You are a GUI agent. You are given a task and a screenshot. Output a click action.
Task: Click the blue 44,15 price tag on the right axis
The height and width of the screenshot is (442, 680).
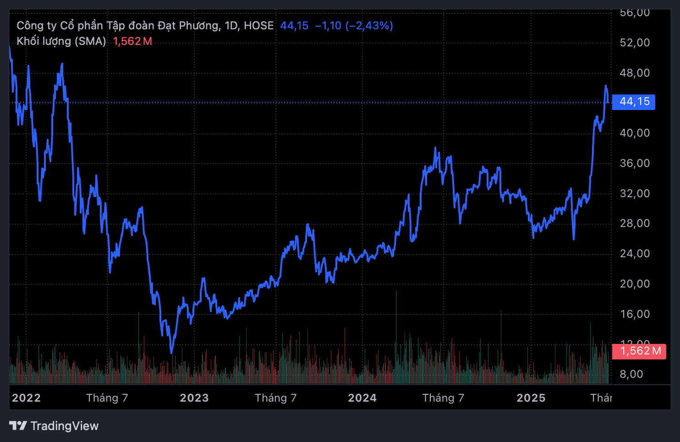pyautogui.click(x=634, y=102)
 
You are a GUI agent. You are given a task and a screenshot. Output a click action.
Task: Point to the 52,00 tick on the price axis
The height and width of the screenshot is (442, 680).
pyautogui.click(x=635, y=43)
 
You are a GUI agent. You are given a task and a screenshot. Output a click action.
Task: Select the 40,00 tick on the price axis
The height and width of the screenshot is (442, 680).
pyautogui.click(x=635, y=133)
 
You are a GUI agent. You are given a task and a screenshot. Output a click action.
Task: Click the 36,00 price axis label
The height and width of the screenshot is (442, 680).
pyautogui.click(x=635, y=163)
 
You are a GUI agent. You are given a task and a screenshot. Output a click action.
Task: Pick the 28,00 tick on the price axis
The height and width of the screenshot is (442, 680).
pyautogui.click(x=635, y=223)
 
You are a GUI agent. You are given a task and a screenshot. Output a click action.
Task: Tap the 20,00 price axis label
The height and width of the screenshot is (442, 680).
pyautogui.click(x=635, y=284)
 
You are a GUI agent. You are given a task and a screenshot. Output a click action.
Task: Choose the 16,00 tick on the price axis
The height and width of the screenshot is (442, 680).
pyautogui.click(x=635, y=314)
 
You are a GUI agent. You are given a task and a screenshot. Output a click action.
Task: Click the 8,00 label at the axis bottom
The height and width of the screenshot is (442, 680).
pyautogui.click(x=631, y=374)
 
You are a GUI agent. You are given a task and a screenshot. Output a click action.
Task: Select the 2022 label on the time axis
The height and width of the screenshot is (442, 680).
pyautogui.click(x=26, y=398)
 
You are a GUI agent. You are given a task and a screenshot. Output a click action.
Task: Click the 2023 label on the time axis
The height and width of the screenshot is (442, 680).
pyautogui.click(x=194, y=398)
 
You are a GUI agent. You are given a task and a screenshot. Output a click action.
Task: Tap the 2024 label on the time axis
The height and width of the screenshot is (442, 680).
pyautogui.click(x=362, y=398)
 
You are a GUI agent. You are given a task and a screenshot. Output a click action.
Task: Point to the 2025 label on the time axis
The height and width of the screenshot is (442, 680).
pyautogui.click(x=531, y=398)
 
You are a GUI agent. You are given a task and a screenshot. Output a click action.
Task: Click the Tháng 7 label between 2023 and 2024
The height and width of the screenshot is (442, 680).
pyautogui.click(x=276, y=398)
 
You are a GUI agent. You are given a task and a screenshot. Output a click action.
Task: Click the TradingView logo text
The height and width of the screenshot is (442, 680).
pyautogui.click(x=64, y=426)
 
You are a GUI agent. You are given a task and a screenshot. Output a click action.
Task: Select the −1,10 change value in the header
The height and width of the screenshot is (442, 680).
pyautogui.click(x=328, y=26)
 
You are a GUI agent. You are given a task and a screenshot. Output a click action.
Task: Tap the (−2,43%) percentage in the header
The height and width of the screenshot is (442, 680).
pyautogui.click(x=369, y=26)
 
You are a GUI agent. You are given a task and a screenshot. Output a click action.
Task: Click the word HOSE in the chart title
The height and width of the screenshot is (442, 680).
pyautogui.click(x=258, y=26)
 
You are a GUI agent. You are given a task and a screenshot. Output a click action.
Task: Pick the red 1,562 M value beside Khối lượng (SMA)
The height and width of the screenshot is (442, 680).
pyautogui.click(x=132, y=41)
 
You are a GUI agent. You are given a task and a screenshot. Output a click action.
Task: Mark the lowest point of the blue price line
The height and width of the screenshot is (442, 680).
pyautogui.click(x=171, y=353)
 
